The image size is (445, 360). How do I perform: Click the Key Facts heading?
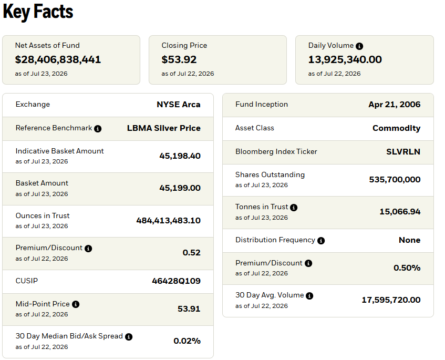point(38,12)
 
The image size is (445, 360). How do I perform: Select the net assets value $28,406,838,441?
point(58,59)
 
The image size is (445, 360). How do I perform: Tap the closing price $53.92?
point(179,59)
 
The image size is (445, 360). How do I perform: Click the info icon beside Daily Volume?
point(359,46)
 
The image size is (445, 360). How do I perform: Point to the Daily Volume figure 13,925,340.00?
point(345,59)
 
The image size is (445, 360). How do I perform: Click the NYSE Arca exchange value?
point(179,105)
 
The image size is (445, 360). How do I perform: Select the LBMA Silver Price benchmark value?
point(164,128)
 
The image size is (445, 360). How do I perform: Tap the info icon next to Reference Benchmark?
point(98,129)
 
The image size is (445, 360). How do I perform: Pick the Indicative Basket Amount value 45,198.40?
point(180,156)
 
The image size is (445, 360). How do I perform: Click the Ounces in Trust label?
point(43,216)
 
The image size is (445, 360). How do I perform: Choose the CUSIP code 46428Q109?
point(176,281)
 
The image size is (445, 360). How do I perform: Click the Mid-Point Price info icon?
point(76,304)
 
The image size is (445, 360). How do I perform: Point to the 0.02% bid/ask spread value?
point(187,341)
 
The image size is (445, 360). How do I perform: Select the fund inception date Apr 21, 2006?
point(395,105)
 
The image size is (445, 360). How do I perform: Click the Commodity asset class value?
point(397,128)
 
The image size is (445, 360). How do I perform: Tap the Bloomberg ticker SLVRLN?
point(403,151)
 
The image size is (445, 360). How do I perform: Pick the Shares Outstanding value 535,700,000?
point(395,179)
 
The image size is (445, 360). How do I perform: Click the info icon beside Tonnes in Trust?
point(294,208)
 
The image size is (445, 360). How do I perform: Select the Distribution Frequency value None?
point(409,240)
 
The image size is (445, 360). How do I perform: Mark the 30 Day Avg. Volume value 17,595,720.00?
point(391,300)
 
